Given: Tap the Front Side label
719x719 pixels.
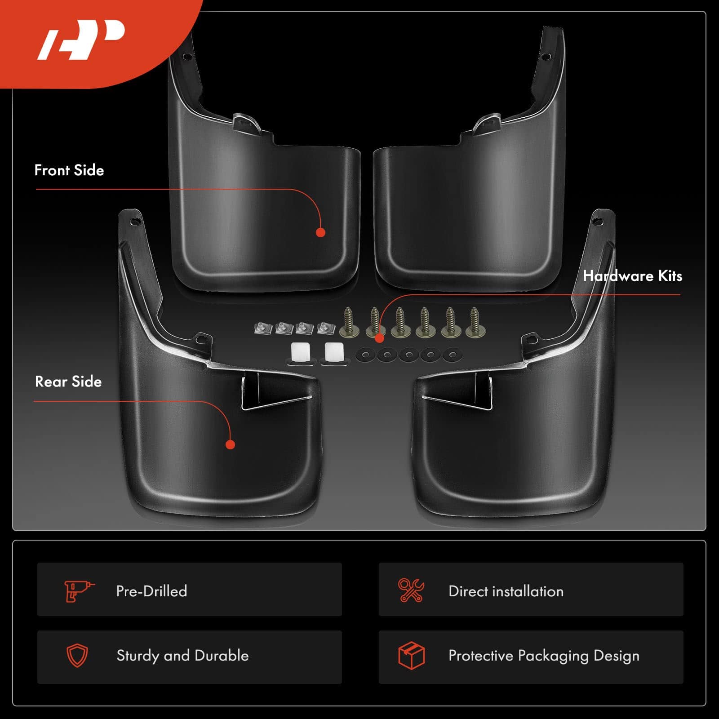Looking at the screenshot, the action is point(69,170).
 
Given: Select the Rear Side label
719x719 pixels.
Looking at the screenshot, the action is point(68,382).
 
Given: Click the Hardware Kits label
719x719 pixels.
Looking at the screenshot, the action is point(632,276).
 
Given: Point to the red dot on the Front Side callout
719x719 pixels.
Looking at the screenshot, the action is point(320,232).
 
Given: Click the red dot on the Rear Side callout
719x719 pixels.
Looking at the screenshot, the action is point(230,444).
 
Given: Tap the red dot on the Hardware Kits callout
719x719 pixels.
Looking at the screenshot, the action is point(380,338).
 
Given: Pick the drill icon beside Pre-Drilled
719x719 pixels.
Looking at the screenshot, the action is point(79,591).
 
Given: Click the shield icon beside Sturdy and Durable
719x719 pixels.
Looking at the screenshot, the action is point(77,656).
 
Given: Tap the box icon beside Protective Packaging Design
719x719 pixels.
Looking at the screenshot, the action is point(412,655).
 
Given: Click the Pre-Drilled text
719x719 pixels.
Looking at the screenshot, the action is point(151,591).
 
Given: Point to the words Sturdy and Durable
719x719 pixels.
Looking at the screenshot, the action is point(182,656).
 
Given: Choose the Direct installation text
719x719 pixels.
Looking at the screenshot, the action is point(506,591).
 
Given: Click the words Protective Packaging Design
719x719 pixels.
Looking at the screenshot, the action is point(544,656).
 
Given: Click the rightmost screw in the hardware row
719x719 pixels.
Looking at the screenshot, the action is point(474,323).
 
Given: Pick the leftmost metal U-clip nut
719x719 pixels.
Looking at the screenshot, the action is point(263,328).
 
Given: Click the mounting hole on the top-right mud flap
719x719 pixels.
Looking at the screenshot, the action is point(546,57).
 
